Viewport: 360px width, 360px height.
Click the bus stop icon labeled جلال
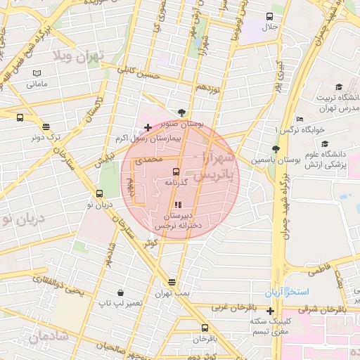click(x=270, y=16)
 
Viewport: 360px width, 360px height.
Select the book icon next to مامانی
click(x=37, y=73)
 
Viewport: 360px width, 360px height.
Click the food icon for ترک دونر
click(x=46, y=127)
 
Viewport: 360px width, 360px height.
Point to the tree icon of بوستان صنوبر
click(x=182, y=112)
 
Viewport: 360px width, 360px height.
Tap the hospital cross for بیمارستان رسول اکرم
click(x=148, y=128)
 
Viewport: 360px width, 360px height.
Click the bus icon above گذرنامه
click(x=176, y=171)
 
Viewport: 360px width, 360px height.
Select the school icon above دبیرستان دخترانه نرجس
click(x=176, y=205)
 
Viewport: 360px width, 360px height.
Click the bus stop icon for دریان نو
click(x=99, y=193)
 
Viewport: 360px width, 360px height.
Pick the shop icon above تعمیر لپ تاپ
click(x=121, y=292)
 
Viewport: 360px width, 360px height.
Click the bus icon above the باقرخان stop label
click(x=205, y=328)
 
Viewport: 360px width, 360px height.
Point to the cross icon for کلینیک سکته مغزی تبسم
click(x=271, y=311)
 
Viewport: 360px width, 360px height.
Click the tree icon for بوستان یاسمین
click(x=276, y=148)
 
